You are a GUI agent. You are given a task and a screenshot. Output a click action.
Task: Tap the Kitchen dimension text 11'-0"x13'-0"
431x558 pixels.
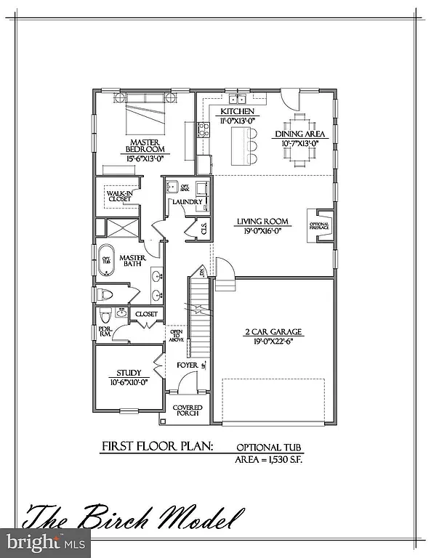[x=237, y=121]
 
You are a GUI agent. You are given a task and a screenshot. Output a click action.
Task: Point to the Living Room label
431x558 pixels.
[x=262, y=222]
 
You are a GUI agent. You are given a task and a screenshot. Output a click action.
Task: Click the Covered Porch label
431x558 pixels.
[x=188, y=411]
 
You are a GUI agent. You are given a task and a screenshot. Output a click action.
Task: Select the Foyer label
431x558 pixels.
[x=188, y=365]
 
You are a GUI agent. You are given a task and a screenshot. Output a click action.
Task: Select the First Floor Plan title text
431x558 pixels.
[x=156, y=445]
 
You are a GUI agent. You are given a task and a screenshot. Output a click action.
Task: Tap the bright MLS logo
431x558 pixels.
[x=45, y=542]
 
